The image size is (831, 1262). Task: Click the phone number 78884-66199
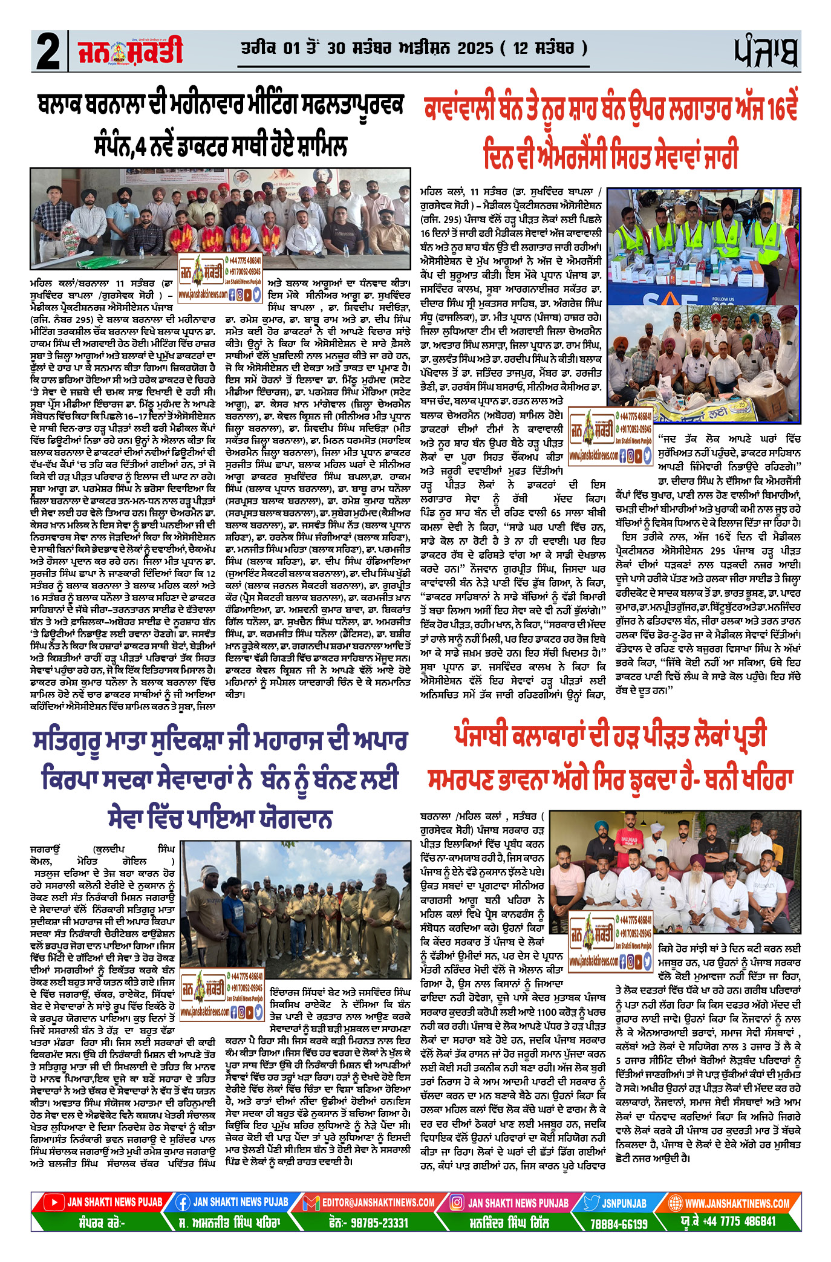(619, 1223)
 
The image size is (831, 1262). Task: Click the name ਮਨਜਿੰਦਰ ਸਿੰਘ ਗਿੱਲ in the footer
(509, 1222)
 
